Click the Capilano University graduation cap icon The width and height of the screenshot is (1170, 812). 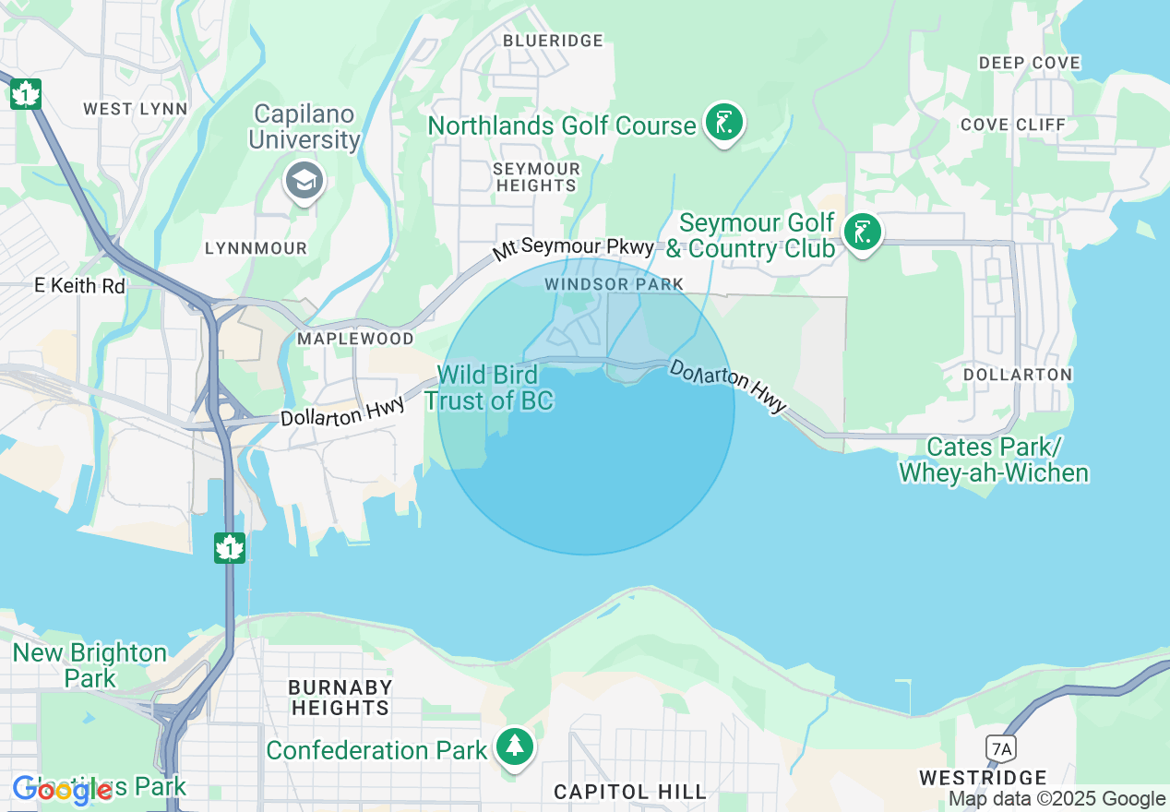tap(304, 180)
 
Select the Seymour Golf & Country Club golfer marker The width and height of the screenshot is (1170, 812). tap(862, 233)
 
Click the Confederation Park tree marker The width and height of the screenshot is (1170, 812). tap(515, 747)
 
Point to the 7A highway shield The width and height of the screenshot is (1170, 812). tap(998, 746)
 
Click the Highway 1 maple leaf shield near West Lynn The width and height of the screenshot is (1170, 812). tap(26, 93)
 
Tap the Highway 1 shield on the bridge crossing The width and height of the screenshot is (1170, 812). tap(229, 547)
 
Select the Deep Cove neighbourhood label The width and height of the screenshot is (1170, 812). tap(1030, 63)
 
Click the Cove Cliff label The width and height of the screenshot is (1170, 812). tap(1013, 125)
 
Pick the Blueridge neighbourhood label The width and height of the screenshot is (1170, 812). tap(553, 41)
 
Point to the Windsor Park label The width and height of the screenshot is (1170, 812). tap(614, 284)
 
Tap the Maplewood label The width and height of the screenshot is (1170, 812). tap(355, 339)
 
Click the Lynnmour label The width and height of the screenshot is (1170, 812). tap(256, 249)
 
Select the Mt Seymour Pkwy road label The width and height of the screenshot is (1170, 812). tap(573, 247)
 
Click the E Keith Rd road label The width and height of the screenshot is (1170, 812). tap(79, 286)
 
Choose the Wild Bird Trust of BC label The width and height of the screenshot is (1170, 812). tap(489, 388)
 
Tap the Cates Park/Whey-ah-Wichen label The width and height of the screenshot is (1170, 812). tap(994, 460)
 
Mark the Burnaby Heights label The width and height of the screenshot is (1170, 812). tap(340, 698)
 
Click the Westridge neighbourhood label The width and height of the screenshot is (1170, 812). tap(984, 777)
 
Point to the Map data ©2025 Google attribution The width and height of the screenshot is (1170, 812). tap(1057, 799)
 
